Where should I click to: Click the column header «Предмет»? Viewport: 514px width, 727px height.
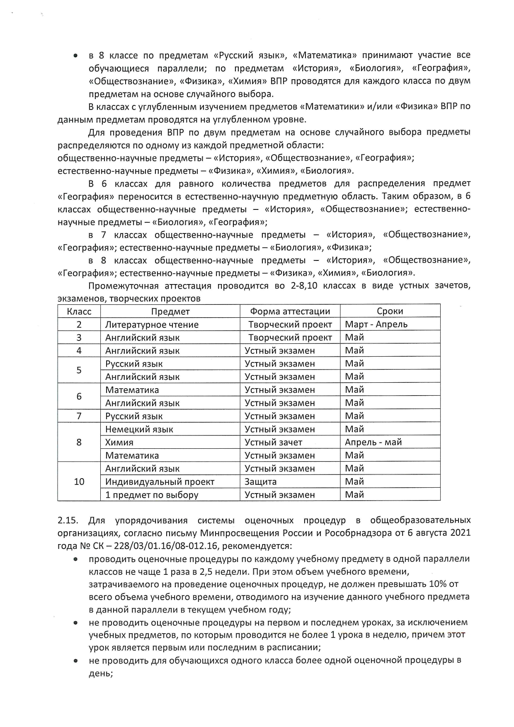pos(170,311)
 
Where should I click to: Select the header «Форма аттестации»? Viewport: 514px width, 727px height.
pos(290,311)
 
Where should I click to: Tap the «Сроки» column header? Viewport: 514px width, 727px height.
pos(390,311)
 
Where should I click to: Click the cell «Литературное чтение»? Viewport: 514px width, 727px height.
pos(152,325)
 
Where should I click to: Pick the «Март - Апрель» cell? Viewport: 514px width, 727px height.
pos(376,324)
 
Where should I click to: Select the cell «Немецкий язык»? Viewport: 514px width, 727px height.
pos(139,429)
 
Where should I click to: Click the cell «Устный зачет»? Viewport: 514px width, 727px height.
pos(273,443)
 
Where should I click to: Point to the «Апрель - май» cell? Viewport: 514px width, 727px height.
pos(373,442)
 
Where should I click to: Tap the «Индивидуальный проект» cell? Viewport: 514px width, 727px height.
pos(160,482)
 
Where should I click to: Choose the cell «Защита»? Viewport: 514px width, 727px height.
pos(260,482)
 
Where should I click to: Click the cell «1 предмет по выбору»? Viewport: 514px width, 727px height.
pos(152,495)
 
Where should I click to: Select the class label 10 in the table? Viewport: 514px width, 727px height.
pos(79,481)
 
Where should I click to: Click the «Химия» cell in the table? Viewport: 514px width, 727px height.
pos(119,443)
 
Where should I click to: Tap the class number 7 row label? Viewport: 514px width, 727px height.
pos(79,416)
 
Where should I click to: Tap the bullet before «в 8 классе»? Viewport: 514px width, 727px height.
pos(75,56)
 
